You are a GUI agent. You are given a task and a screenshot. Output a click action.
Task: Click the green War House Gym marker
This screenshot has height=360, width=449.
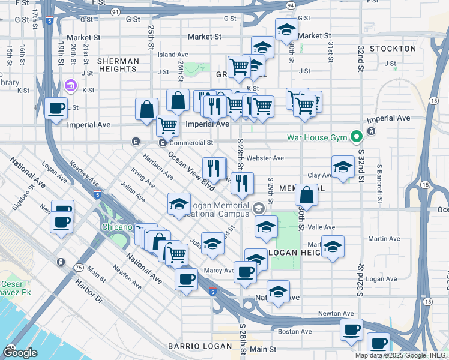[x=356, y=137]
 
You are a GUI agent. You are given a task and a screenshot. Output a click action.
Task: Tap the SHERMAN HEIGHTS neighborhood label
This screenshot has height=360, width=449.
[x=118, y=65]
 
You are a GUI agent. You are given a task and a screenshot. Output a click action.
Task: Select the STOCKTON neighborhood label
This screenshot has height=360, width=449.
[x=393, y=49]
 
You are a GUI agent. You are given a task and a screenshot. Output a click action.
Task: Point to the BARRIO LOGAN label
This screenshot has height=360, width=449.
[x=200, y=346]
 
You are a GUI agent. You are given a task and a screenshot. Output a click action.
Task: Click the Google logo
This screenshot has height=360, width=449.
[x=20, y=352]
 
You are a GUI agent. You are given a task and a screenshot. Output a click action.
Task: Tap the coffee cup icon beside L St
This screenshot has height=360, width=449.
[x=56, y=109]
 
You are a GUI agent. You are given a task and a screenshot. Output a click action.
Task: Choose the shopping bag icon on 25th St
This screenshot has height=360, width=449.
[x=147, y=109]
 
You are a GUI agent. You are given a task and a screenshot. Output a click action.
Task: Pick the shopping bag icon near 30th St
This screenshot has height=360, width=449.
[x=307, y=195]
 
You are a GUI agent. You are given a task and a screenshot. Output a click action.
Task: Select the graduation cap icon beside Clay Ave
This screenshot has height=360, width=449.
[x=343, y=167]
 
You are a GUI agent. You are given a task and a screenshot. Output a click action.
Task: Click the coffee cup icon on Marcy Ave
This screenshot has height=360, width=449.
[x=245, y=271]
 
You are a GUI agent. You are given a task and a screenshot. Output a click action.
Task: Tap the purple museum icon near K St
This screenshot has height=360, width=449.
[x=71, y=86]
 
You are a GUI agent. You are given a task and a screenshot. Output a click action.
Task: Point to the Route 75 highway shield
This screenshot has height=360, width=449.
[x=78, y=268]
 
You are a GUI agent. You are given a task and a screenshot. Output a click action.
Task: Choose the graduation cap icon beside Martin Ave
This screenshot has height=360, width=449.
[x=333, y=247]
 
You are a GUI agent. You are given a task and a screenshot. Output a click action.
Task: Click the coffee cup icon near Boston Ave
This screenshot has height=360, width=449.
[x=351, y=329]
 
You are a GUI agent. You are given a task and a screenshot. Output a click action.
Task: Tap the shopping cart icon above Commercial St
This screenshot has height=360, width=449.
[x=167, y=125]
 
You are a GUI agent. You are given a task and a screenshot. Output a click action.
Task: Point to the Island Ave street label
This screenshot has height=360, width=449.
[x=173, y=55]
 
